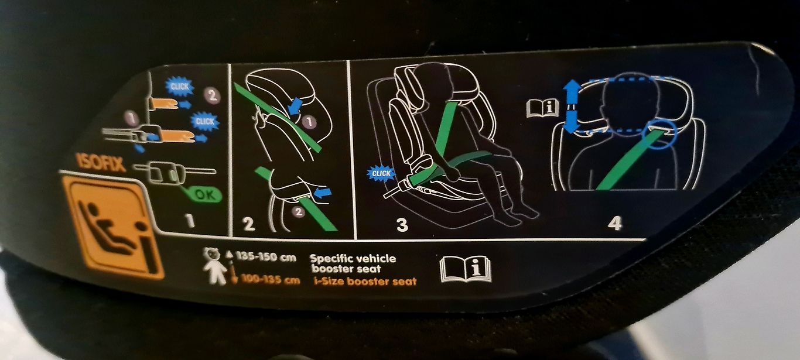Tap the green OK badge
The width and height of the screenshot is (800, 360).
205,195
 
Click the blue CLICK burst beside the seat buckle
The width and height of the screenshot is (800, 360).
381,174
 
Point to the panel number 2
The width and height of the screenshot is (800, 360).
248,224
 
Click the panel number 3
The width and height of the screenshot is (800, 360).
402,225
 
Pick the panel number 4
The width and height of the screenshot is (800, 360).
615,224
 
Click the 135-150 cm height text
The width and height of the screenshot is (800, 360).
266,257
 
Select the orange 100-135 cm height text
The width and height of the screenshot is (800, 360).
271,280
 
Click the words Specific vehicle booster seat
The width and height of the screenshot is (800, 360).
353,263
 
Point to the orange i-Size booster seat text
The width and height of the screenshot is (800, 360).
365,282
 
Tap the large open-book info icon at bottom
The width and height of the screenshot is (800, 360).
466,270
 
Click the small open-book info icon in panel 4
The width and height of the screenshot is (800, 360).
542,108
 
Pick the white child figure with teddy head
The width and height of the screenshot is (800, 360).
216,266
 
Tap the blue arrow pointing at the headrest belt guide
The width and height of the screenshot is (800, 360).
296,106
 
